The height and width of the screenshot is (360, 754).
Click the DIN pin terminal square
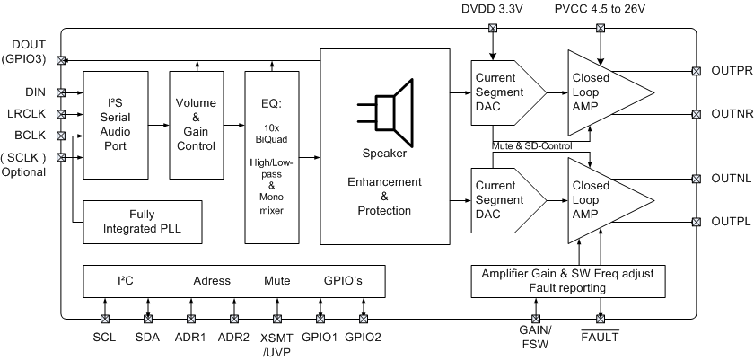[x=61, y=92]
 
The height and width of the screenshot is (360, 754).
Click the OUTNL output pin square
[x=696, y=178]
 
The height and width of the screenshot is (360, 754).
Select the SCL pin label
[x=104, y=338]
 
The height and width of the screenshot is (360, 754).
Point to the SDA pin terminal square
[x=147, y=318]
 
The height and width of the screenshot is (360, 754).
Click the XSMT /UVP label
[x=277, y=345]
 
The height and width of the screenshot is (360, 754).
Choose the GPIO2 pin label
[x=364, y=338]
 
